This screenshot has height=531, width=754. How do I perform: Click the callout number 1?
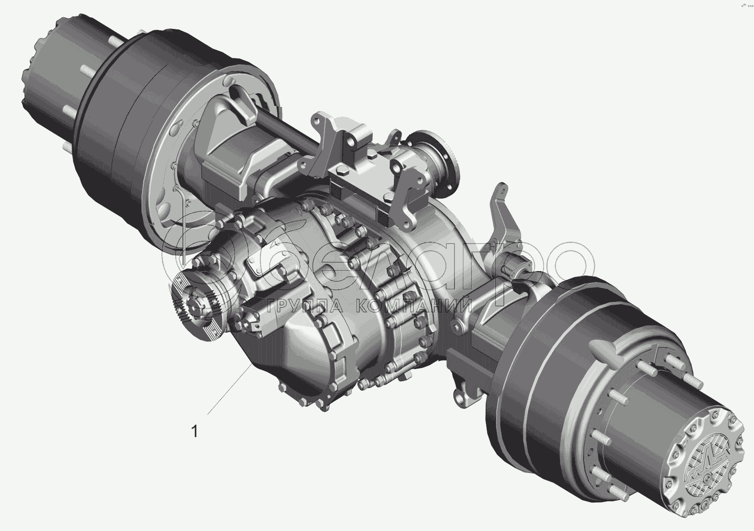pyautogui.click(x=195, y=431)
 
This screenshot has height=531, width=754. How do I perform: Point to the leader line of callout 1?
pyautogui.click(x=229, y=389)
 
